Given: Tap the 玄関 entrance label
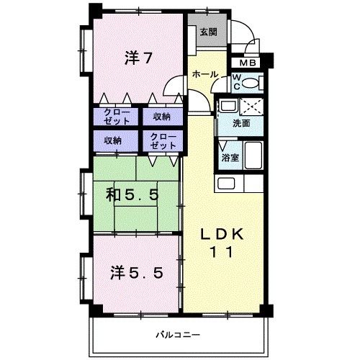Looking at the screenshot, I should point(209,32).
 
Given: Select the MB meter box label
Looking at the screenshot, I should point(247,63).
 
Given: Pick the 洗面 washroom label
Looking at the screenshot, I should point(241,123).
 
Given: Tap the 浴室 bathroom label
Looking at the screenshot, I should point(230,156).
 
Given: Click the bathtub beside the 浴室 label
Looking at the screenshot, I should point(254,155).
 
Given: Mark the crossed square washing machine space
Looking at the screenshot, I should point(252,107).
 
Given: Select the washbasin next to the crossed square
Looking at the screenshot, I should point(227,107).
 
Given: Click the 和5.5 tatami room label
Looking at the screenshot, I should point(133,194).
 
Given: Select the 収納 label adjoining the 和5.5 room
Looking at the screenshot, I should point(112,140).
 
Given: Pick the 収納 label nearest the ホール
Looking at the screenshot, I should point(162,117).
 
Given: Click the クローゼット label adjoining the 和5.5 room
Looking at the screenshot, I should point(163,140).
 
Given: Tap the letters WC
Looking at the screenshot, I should point(236,80).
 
